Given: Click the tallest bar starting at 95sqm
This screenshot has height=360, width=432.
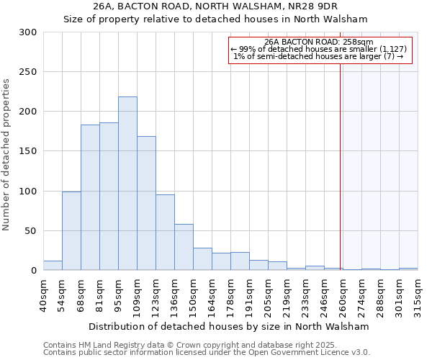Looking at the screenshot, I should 127,184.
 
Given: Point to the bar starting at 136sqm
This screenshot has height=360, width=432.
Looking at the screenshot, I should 184,247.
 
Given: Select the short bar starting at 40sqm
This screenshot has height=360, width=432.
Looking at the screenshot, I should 53,266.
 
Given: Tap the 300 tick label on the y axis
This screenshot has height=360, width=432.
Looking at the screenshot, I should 28,32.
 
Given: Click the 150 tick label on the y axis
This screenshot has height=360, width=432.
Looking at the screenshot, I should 28,151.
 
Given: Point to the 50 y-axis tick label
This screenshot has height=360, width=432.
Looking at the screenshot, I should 31,231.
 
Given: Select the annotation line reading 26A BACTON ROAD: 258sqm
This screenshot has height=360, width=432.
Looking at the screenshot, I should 319,42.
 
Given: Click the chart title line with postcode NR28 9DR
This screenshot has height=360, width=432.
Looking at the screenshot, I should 216,6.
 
